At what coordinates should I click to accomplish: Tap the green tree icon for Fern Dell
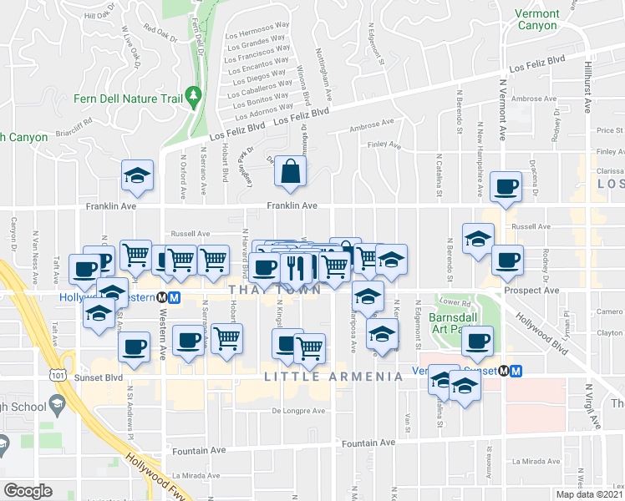pos(195,97)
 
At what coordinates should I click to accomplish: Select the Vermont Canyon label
pos(536,19)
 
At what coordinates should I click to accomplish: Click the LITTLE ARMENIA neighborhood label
pos(333,377)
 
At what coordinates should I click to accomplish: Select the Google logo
pos(28,491)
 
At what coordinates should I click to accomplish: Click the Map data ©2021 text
pos(589,494)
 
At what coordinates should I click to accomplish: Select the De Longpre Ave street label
pos(298,411)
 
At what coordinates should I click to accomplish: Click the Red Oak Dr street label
pos(161,37)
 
